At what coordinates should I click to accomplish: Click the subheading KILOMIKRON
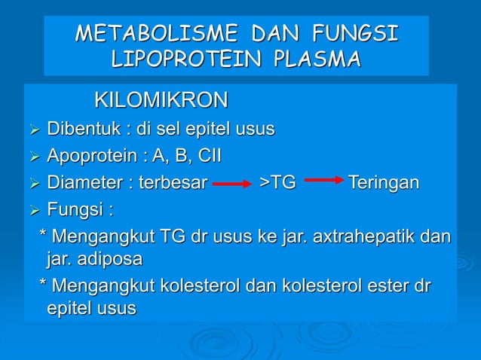[x=161, y=100]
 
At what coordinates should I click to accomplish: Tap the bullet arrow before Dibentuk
[x=33, y=130]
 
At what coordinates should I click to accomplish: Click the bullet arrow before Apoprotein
[x=33, y=157]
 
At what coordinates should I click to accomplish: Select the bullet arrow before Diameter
[x=33, y=183]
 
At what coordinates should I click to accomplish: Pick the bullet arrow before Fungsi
[x=33, y=209]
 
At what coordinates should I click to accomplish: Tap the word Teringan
[x=384, y=182]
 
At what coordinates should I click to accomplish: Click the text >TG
[x=277, y=182]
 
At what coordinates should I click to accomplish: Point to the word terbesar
[x=170, y=182]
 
